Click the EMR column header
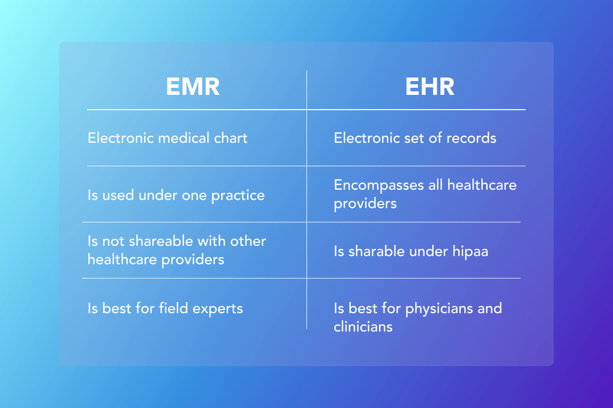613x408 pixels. point(193,86)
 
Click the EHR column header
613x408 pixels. point(430,86)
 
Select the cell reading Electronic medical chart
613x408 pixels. point(168,138)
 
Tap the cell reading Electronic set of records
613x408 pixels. point(415,138)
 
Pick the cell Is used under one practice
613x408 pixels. point(176,195)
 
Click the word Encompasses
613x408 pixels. point(379,186)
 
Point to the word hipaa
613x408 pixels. point(470,251)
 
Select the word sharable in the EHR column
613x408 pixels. point(376,251)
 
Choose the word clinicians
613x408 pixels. point(363,326)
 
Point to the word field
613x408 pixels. point(174,308)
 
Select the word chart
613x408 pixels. point(231,138)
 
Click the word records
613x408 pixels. point(471,138)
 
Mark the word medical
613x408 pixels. point(183,138)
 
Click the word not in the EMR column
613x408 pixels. point(113,242)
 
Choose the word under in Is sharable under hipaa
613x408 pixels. point(428,251)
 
